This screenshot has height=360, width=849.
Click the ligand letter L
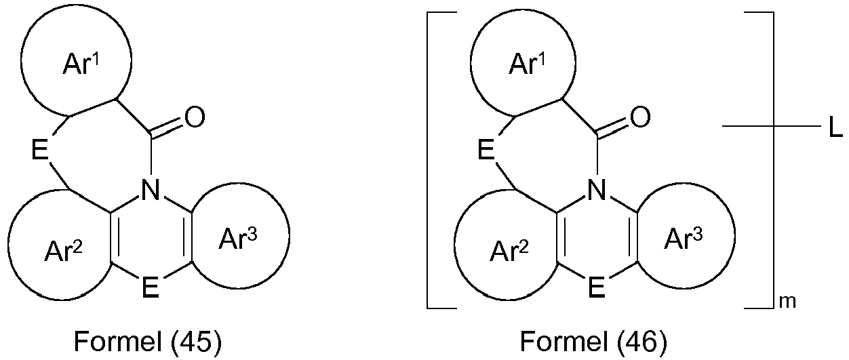pos(835,127)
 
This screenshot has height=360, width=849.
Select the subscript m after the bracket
pos(787,302)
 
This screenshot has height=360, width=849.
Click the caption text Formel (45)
pos(147,342)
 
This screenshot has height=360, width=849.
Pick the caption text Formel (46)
pos(593,342)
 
